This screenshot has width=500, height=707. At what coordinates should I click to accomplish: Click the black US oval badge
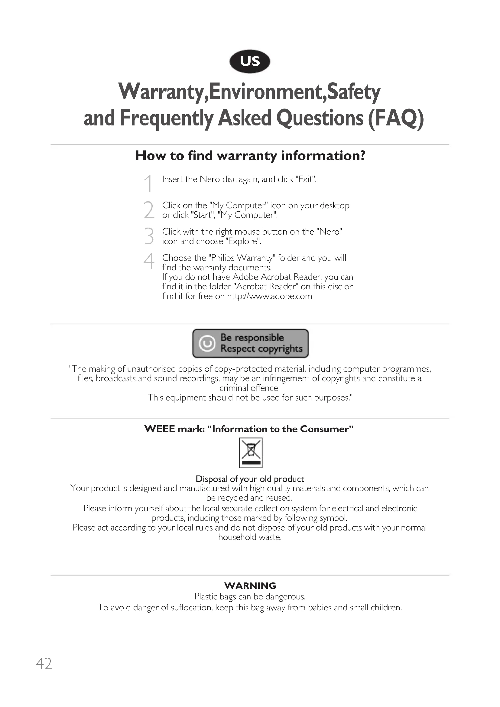(x=250, y=62)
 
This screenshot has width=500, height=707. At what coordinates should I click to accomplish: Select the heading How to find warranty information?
(x=250, y=156)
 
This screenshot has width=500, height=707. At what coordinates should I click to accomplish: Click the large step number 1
(x=149, y=183)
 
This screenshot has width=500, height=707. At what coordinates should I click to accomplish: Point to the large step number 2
(x=149, y=210)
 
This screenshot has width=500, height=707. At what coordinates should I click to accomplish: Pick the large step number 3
(x=149, y=236)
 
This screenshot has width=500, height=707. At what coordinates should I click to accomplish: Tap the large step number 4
(x=149, y=261)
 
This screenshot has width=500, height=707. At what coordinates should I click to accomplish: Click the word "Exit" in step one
(x=306, y=179)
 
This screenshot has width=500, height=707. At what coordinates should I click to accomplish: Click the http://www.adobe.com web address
(x=269, y=296)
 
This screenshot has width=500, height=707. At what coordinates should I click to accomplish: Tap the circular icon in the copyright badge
(x=207, y=343)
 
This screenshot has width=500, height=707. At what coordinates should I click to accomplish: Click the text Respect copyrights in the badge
(x=261, y=349)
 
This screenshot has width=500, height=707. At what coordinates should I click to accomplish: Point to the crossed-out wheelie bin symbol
(x=251, y=453)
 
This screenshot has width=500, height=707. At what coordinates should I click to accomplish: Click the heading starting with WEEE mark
(x=249, y=429)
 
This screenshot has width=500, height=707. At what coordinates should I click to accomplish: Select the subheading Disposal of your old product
(x=250, y=479)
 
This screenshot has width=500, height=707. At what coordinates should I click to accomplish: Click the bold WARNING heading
(x=250, y=586)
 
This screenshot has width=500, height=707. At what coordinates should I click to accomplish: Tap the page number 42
(x=44, y=664)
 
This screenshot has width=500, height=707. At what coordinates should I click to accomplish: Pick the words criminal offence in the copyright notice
(x=249, y=388)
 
